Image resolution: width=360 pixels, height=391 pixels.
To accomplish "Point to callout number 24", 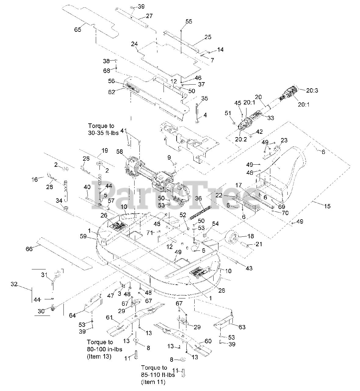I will [135, 44].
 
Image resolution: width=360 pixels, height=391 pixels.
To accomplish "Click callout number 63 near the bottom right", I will [242, 327].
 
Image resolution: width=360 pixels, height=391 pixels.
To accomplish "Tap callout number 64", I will [72, 315].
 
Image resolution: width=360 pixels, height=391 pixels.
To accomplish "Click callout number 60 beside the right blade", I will [208, 341].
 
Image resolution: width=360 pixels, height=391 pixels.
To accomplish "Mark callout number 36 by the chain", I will [198, 198].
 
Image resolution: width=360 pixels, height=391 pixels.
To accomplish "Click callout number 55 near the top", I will [189, 21].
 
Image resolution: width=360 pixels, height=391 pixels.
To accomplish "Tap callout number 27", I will [149, 16].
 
